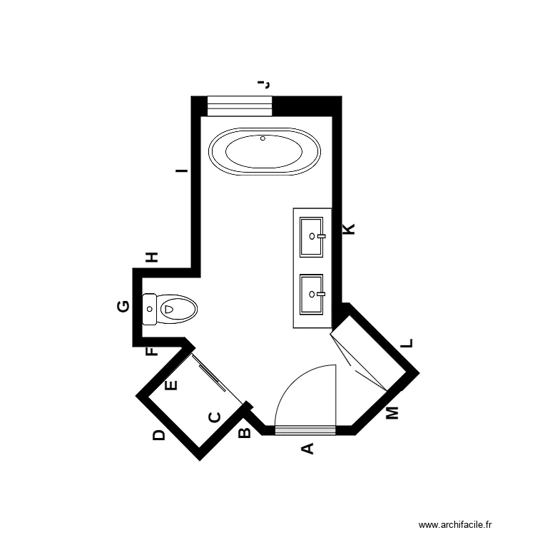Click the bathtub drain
[263, 138]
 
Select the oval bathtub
[265, 151]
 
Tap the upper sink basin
[312, 237]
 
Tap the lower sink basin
[312, 294]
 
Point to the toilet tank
[150, 310]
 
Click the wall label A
[307, 449]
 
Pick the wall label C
[214, 417]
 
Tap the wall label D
[159, 435]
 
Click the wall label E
[170, 386]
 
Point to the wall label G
[123, 307]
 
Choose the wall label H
[152, 257]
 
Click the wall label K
[349, 229]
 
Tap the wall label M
[392, 413]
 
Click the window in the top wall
[239, 106]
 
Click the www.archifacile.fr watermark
[456, 524]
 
